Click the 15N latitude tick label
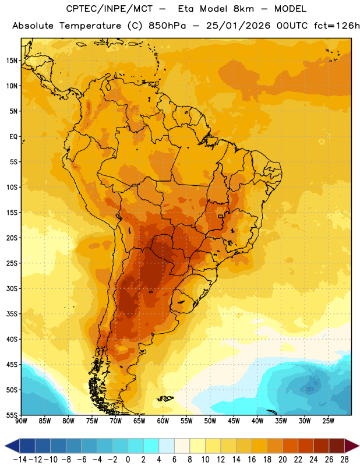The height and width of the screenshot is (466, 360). point(12,61)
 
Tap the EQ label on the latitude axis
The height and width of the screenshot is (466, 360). point(13,137)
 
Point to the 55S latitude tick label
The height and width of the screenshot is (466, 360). point(12,415)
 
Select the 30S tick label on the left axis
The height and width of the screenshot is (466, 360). point(12,288)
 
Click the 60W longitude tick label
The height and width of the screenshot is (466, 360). point(163,421)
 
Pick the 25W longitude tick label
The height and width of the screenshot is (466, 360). point(328,421)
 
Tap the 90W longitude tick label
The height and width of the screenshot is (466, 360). point(22,421)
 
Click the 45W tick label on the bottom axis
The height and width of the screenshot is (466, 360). point(234,421)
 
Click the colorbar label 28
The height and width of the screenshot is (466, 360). point(344,460)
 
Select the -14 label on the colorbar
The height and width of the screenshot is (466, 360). point(20,460)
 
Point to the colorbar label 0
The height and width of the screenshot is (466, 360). point(128,460)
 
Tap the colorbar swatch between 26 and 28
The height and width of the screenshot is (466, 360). point(337,446)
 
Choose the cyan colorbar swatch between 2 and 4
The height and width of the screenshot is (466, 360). point(151,446)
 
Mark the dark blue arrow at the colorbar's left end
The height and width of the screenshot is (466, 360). point(12,446)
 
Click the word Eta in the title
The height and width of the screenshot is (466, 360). point(186,9)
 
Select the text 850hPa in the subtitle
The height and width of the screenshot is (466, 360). point(167,26)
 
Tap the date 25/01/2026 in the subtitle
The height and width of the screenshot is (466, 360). point(238,26)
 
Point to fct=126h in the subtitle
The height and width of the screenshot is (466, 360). point(337,26)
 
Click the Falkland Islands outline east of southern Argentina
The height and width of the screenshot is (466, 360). point(165,398)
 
